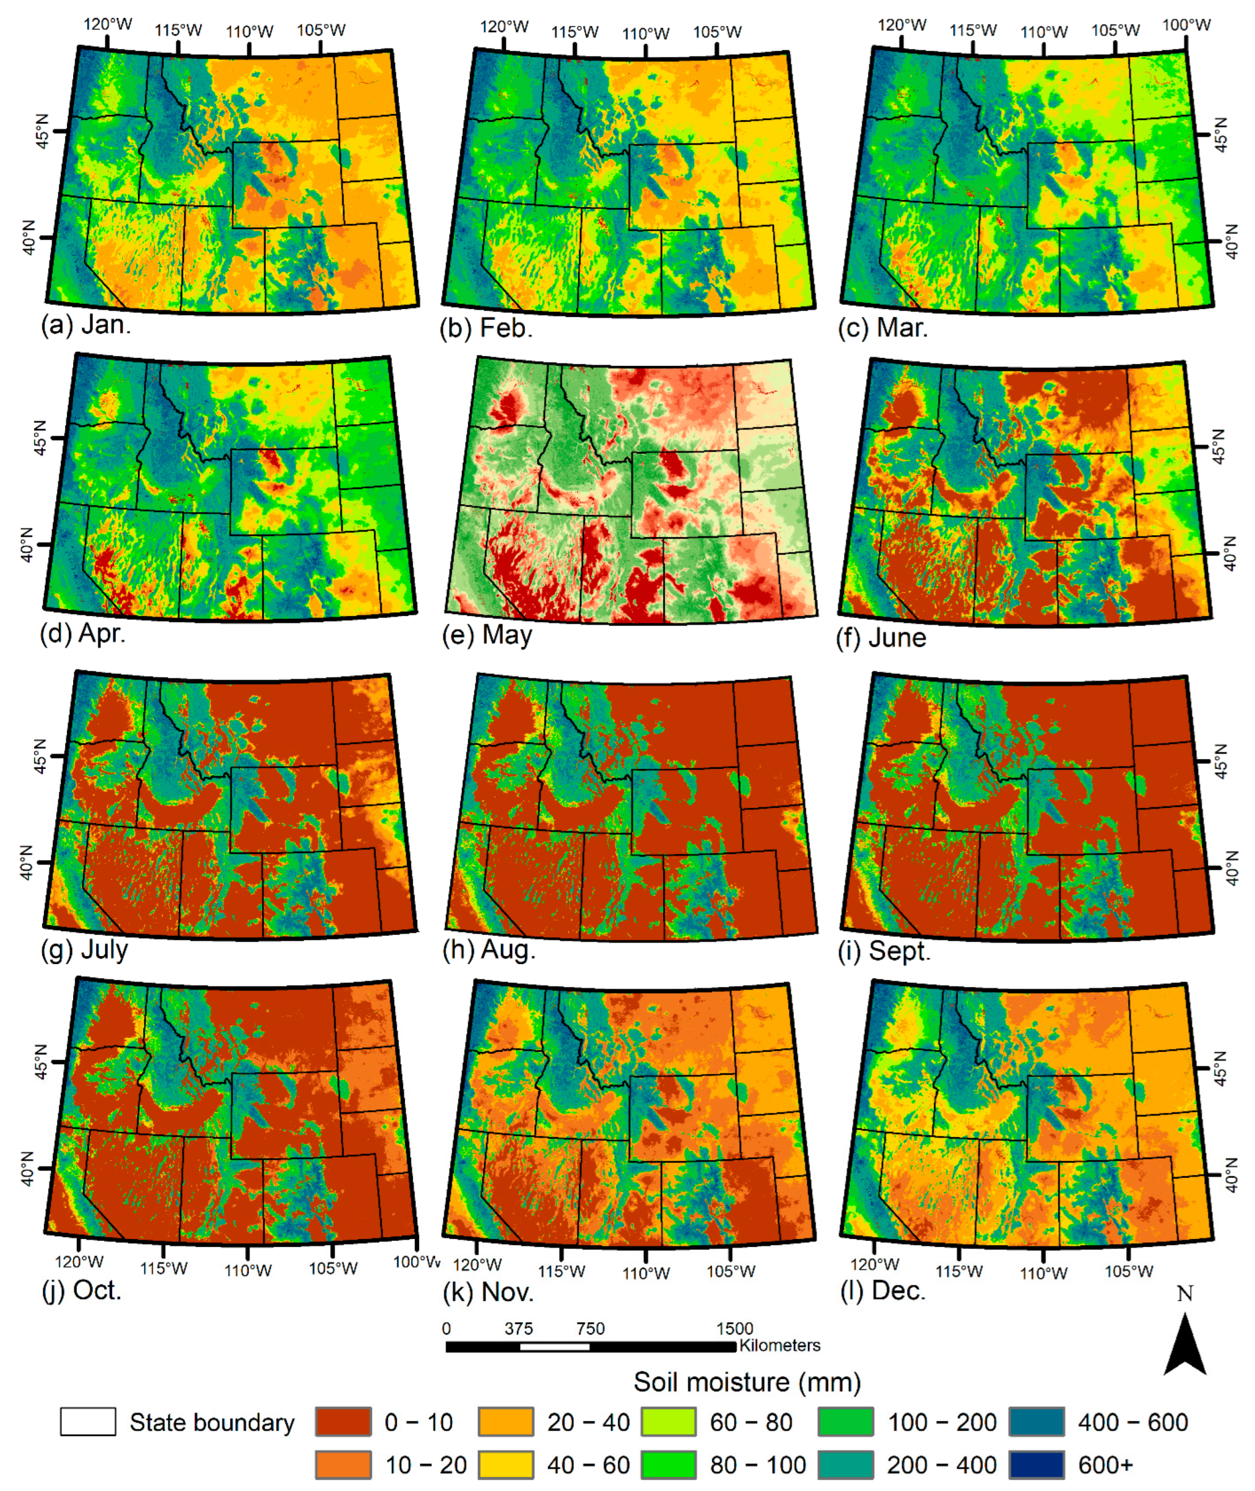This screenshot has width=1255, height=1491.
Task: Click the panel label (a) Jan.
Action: click(86, 325)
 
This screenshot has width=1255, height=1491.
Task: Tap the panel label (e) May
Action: click(487, 634)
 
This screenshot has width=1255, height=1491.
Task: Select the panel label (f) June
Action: click(882, 638)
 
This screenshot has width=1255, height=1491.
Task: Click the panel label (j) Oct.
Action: click(82, 1290)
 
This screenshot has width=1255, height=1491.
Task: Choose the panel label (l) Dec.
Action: click(883, 1290)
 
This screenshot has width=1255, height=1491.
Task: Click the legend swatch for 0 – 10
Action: click(343, 1422)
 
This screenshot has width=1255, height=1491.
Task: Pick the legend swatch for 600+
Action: click(1037, 1465)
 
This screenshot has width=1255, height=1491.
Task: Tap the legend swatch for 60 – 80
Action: click(668, 1422)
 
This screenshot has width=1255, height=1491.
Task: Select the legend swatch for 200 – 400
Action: click(845, 1465)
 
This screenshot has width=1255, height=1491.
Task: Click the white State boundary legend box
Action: click(87, 1422)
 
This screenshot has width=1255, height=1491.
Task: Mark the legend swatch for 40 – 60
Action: click(505, 1465)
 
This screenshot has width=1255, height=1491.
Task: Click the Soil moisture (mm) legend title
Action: click(747, 1382)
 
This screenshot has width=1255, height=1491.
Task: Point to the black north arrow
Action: click(1184, 1345)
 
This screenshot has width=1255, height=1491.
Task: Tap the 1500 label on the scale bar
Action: click(734, 1328)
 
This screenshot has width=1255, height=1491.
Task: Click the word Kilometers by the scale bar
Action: click(780, 1345)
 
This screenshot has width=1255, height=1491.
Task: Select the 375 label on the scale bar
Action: click(519, 1328)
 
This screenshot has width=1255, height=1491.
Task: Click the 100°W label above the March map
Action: click(1186, 25)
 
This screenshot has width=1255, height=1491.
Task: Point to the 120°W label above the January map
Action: click(107, 25)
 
